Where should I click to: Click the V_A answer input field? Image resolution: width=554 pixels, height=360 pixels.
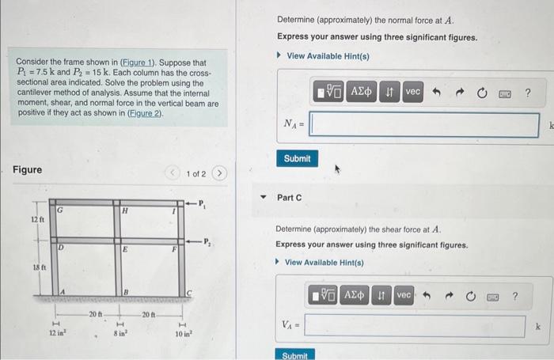[414, 325]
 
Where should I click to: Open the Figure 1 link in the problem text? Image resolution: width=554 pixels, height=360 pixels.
[136, 63]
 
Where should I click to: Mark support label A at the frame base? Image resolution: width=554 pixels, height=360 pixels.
[61, 293]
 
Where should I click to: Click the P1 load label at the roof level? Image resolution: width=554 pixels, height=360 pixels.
[203, 203]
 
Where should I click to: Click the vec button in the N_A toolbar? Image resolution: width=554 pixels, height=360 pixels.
[412, 92]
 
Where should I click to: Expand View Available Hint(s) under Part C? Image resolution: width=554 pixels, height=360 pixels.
[324, 263]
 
